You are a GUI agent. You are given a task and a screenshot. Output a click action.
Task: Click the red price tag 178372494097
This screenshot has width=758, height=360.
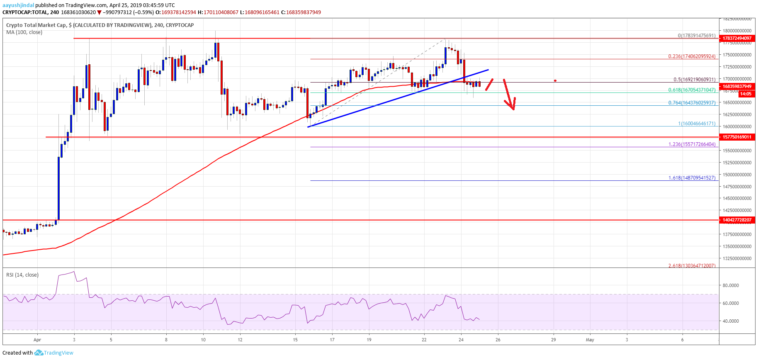click(x=737, y=38)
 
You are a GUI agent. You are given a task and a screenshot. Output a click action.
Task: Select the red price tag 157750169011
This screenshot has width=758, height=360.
click(x=737, y=137)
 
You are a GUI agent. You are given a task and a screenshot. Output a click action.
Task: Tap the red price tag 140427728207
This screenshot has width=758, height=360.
click(x=737, y=220)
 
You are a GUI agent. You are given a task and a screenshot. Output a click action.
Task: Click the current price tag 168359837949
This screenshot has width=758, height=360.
click(x=737, y=87)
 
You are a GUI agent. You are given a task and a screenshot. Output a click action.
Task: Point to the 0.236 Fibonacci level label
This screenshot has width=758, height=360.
click(x=692, y=56)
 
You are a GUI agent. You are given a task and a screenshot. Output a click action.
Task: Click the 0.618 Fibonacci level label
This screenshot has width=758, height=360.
click(x=692, y=90)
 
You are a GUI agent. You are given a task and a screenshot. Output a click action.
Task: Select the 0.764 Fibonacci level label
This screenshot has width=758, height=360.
click(x=692, y=103)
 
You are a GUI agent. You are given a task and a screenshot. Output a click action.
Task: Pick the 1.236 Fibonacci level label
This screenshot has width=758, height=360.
click(x=692, y=144)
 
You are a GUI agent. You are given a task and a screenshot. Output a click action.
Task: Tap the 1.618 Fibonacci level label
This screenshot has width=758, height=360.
click(x=692, y=178)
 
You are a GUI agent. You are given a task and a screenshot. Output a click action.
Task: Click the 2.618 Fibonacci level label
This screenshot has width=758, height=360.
click(x=692, y=265)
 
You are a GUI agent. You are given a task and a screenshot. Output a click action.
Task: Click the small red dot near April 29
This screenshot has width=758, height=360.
click(x=555, y=81)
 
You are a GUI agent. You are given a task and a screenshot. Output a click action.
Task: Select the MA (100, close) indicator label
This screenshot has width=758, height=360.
click(x=24, y=32)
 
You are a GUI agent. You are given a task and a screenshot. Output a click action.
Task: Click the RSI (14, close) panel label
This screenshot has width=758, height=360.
click(x=22, y=275)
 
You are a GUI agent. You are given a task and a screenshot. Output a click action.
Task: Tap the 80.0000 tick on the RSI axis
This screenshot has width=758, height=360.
click(x=731, y=285)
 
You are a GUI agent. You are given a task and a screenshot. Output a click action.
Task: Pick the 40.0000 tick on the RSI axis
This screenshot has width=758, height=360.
click(x=731, y=321)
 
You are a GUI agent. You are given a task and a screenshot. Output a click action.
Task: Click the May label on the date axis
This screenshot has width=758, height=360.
click(x=590, y=340)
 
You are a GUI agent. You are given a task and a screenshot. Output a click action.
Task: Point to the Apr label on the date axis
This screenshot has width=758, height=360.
click(x=37, y=340)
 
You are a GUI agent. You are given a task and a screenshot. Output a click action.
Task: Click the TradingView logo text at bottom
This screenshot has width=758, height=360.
click(x=58, y=353)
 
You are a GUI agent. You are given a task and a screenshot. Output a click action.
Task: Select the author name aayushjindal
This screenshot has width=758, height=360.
click(x=18, y=5)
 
